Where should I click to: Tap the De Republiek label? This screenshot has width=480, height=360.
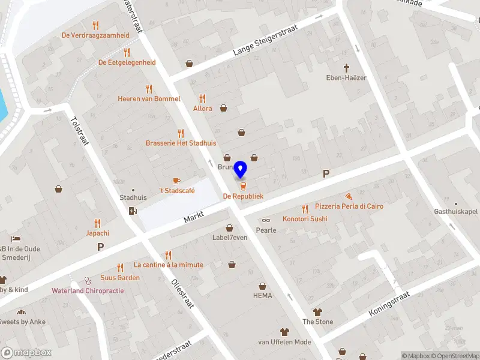tap(243, 196)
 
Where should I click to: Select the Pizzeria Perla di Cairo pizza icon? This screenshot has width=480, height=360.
tap(349, 196)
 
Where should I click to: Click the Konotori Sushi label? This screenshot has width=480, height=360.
tap(305, 219)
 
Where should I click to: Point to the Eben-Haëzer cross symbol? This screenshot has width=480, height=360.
tap(346, 68)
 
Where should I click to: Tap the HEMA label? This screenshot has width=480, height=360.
tap(262, 295)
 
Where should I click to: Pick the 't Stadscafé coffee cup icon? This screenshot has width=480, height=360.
tap(176, 181)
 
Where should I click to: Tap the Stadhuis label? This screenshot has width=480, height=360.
tap(133, 197)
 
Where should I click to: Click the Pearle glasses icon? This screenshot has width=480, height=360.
tap(266, 221)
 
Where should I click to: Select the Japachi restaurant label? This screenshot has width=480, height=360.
tap(97, 233)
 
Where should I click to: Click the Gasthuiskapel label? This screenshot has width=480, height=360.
tap(455, 211)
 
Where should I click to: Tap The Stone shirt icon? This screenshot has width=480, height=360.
tap(317, 312)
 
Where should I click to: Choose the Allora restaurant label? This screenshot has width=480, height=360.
tap(203, 109)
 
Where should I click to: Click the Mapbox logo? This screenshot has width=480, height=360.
tap(26, 353)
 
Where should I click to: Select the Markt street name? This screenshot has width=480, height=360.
tap(194, 218)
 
